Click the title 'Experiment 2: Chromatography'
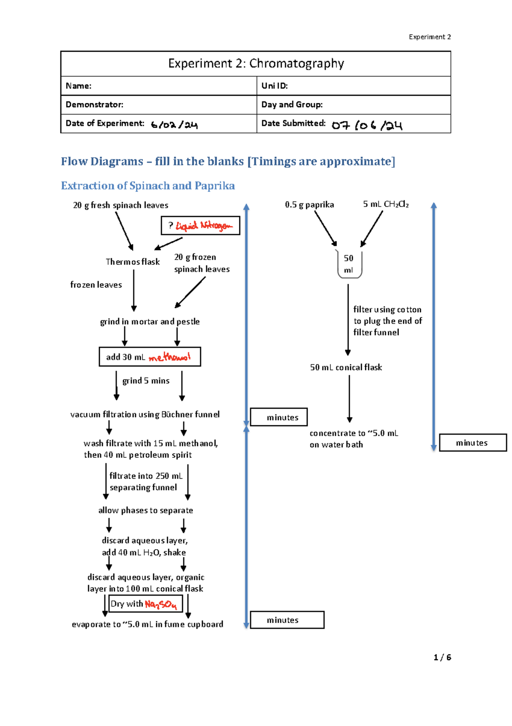[x=256, y=64]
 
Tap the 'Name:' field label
[x=79, y=86]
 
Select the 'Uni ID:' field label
[x=274, y=86]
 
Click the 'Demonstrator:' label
[x=94, y=105]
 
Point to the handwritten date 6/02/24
[x=174, y=125]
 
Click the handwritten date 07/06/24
[x=367, y=125]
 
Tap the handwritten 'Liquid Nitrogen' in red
[x=204, y=225]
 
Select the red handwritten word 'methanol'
[x=169, y=357]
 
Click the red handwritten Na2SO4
[x=160, y=604]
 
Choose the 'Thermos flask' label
[x=133, y=262]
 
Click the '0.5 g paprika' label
[x=309, y=205]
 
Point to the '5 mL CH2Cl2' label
[x=386, y=204]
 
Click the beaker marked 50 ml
[x=349, y=264]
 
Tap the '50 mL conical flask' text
[x=346, y=367]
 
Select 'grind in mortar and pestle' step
[x=150, y=322]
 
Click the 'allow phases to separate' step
[x=145, y=510]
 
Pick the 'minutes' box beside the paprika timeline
[x=472, y=443]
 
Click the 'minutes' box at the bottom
[x=287, y=620]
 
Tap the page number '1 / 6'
[x=442, y=657]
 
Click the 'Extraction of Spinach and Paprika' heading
[x=148, y=186]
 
